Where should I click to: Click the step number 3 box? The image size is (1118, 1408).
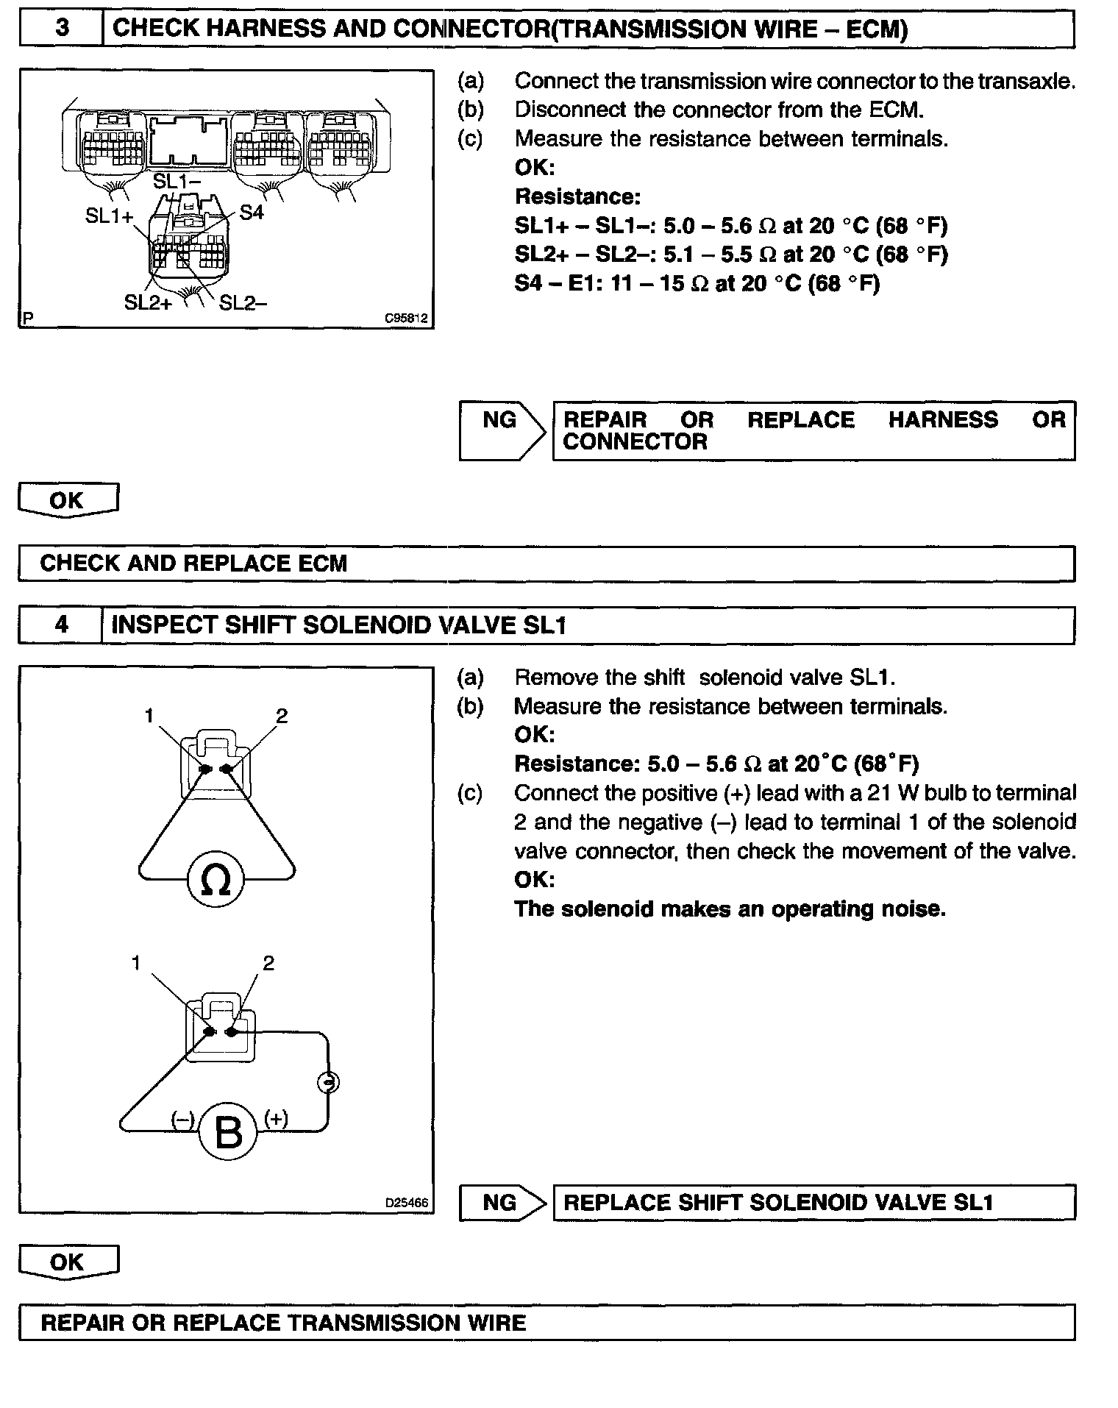(62, 29)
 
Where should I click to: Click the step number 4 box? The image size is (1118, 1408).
(61, 625)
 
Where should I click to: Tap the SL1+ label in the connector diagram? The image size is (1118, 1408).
(110, 216)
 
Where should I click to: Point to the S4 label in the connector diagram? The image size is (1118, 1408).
(252, 213)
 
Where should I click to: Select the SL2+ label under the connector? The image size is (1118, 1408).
(148, 302)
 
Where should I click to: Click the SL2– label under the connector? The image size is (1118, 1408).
(243, 302)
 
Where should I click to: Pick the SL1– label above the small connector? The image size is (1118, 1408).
(177, 181)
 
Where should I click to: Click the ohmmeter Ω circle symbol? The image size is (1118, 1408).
(216, 880)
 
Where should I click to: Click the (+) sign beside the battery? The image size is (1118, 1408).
(277, 1118)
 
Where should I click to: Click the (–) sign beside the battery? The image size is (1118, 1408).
(182, 1119)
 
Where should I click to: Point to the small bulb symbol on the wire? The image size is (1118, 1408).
(328, 1082)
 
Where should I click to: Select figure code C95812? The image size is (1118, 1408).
(406, 319)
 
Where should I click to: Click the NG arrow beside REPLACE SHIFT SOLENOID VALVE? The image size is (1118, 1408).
(502, 1203)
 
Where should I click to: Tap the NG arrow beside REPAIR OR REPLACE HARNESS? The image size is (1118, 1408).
(502, 430)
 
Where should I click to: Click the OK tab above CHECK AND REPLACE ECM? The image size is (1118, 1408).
(67, 500)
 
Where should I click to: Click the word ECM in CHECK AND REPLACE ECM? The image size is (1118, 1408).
(322, 563)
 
